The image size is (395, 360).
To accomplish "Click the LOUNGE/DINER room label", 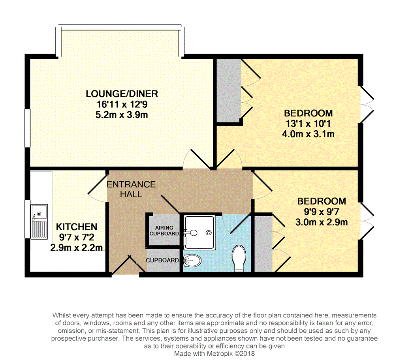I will click(122, 94).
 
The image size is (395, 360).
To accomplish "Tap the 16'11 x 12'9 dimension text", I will click(122, 104).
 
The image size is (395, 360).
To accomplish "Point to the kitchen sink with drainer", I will click(39, 221).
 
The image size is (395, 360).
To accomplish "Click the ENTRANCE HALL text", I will click(132, 189).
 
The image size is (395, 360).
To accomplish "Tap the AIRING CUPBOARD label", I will click(164, 231).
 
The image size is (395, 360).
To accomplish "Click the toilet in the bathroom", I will click(239, 259).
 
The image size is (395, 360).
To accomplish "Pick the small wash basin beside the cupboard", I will click(193, 260).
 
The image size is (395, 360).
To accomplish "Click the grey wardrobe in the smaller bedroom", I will click(263, 244).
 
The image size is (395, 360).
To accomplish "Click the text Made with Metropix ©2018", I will click(215, 354).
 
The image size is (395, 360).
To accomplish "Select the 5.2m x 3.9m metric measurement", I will click(122, 115).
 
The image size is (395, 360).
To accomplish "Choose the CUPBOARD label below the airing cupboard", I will click(162, 261).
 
